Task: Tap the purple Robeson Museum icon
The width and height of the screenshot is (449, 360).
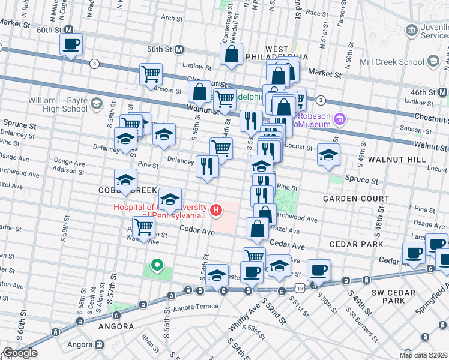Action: [x=340, y=119]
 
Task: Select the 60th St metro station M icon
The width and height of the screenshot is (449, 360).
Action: [x=69, y=29]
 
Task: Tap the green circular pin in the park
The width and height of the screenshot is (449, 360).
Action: [x=157, y=265]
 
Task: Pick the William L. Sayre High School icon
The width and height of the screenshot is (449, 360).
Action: [x=96, y=104]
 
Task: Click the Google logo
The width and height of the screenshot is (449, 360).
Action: [x=20, y=353]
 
